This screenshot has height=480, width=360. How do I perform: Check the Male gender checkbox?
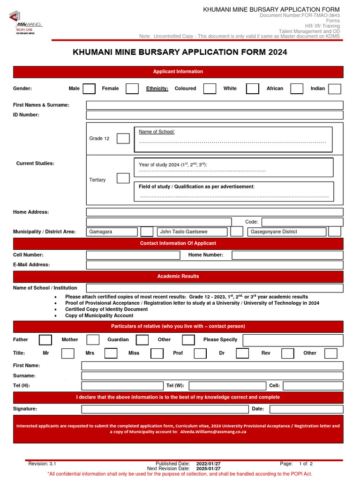89,89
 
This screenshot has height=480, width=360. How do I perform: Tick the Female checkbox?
132,89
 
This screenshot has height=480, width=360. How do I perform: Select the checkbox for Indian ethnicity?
334,89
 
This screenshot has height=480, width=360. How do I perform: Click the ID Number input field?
214,115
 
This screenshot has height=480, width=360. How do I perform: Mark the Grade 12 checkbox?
123,138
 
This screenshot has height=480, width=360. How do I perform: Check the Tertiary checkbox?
123,178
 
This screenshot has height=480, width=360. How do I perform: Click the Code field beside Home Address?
302,222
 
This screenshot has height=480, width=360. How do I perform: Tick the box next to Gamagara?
147,232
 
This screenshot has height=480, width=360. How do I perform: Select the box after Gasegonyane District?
334,232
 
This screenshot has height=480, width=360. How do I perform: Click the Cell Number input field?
133,255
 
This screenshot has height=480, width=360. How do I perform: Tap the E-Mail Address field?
214,265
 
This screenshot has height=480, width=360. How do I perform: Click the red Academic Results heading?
178,277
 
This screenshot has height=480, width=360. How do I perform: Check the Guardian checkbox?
142,340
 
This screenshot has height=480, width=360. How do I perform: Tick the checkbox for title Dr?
242,353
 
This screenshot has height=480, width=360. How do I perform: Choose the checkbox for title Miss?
157,353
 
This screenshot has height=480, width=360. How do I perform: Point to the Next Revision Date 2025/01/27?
208,468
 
